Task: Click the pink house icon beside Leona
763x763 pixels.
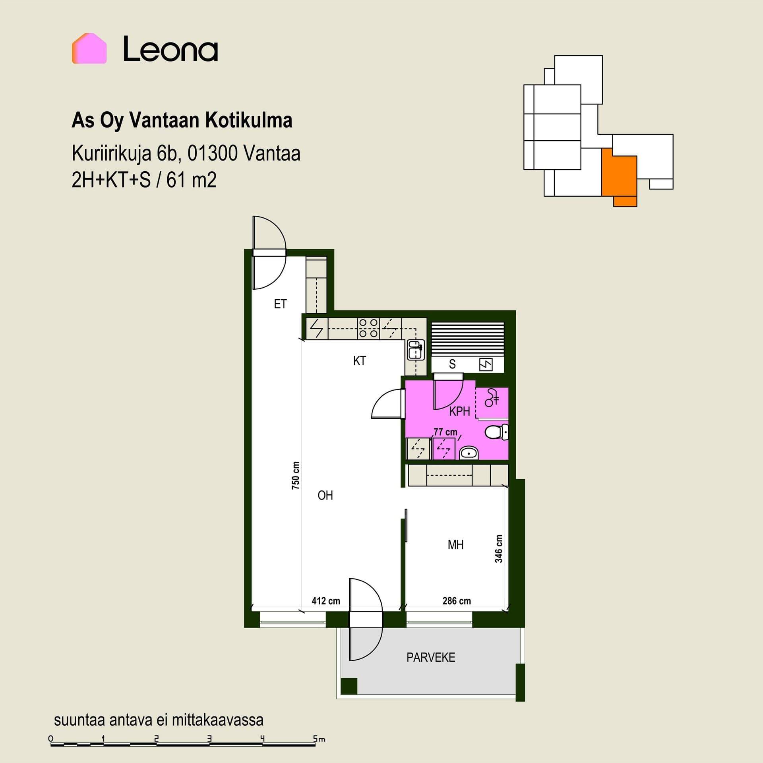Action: [x=89, y=48]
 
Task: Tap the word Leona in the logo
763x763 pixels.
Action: [x=170, y=49]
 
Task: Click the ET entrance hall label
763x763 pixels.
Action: [x=280, y=304]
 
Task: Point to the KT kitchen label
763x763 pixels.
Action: [x=359, y=361]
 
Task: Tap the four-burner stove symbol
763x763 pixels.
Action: [x=368, y=328]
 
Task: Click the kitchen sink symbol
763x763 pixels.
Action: [x=415, y=350]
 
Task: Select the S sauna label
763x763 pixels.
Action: [x=452, y=364]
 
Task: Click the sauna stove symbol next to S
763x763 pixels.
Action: [x=486, y=364]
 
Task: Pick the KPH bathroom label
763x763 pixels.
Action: [x=459, y=411]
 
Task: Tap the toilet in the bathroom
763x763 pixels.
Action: [x=497, y=432]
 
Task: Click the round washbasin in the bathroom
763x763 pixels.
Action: [x=469, y=453]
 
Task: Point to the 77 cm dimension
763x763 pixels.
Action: [x=445, y=432]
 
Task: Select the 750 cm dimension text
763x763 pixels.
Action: [x=296, y=475]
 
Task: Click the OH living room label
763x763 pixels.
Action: [x=325, y=495]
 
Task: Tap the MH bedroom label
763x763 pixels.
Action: [x=455, y=544]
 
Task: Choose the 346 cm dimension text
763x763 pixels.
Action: [x=499, y=549]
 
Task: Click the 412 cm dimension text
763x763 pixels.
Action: [x=326, y=601]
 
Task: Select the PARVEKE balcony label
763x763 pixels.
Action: [x=431, y=657]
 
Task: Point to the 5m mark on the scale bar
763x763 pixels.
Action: [x=319, y=739]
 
